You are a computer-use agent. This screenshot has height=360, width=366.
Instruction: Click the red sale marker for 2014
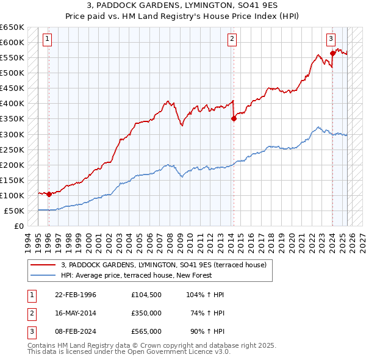click(x=234, y=119)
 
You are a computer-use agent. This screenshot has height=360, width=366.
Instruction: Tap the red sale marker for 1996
click(x=49, y=194)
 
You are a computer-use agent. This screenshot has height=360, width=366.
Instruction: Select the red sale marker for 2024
click(x=332, y=53)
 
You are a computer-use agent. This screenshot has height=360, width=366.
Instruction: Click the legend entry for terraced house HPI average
click(x=136, y=276)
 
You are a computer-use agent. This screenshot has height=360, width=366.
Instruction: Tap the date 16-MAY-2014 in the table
click(x=75, y=313)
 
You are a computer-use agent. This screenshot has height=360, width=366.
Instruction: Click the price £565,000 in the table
click(x=146, y=331)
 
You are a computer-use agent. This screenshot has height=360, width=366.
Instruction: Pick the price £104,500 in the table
click(x=146, y=295)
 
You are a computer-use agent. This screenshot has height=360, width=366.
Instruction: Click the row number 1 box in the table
click(x=30, y=295)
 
